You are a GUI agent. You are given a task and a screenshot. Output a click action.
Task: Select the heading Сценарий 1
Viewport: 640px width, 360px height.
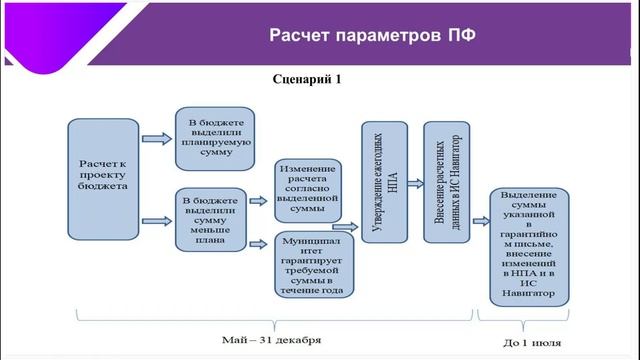pos(307,78)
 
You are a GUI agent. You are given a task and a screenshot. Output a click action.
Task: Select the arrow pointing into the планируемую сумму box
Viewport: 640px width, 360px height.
pos(156,136)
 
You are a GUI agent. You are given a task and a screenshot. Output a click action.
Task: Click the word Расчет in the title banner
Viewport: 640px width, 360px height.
pos(304,37)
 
